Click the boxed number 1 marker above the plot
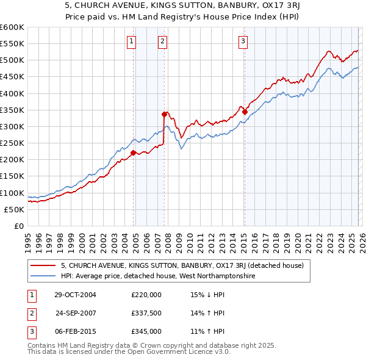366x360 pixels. point(131,41)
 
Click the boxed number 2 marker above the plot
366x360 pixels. point(163,41)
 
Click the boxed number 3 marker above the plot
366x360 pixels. point(243,41)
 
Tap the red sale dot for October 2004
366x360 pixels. point(134,153)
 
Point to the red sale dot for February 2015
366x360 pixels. point(245,112)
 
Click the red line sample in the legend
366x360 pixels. point(44,265)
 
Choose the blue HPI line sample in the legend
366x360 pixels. point(44,276)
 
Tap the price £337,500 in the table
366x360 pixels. point(146,313)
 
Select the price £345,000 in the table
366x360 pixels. point(146,331)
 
